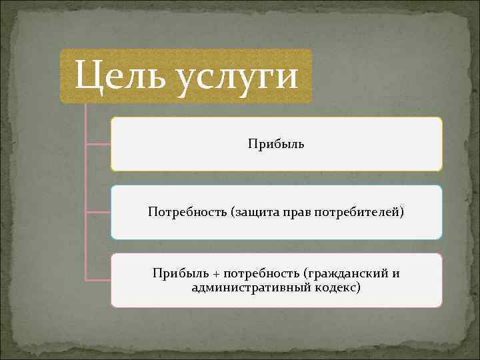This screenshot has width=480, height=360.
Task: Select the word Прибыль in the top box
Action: point(276,144)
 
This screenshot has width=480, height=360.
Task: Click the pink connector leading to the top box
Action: point(99,143)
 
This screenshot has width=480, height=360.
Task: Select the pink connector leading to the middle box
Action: point(99,212)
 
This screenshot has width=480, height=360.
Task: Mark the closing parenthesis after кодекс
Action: point(359,287)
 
